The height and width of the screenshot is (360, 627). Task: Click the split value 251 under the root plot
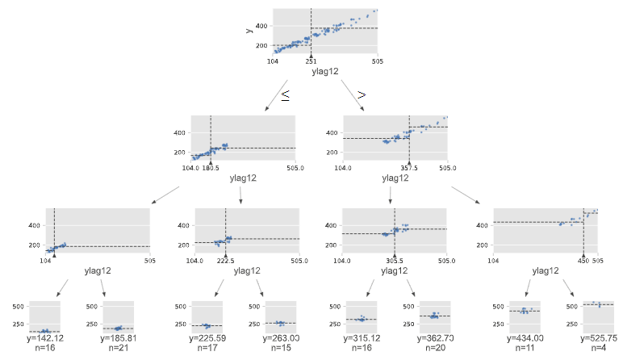pos(311,61)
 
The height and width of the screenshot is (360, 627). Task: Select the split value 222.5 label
pos(225,261)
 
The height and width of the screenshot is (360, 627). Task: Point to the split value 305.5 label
pos(394,261)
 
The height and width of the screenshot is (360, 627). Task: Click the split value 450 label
pos(583,261)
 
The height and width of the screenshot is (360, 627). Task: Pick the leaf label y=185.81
pos(120,339)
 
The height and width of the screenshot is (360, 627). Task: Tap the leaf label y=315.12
pos(362,339)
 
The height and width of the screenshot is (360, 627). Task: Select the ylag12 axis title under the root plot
pos(324,72)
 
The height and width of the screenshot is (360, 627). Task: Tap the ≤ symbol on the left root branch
pos(285,95)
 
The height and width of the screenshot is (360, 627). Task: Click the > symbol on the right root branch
pos(362,95)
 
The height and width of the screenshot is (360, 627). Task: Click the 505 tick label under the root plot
pos(377,61)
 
